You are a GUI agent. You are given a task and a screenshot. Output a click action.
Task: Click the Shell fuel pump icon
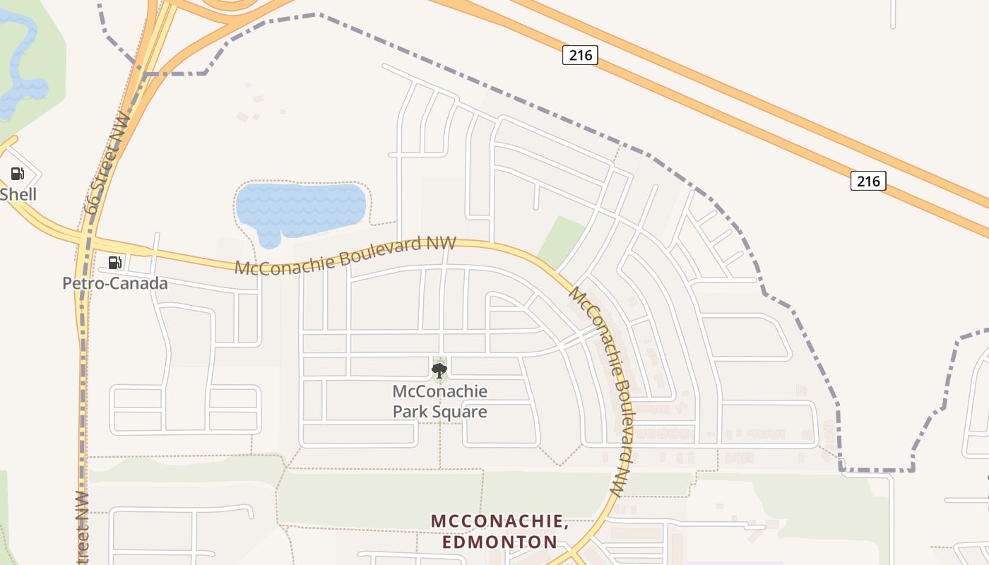[17, 174]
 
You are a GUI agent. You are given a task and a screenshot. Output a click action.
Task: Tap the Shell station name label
[18, 194]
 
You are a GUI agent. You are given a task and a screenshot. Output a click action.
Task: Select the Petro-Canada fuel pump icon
[114, 263]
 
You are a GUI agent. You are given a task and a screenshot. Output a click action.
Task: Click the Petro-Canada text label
[115, 283]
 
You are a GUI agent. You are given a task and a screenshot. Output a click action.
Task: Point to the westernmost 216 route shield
[580, 55]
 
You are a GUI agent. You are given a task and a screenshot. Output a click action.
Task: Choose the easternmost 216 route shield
[867, 181]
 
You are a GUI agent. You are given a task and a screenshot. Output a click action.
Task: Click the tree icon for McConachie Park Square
[439, 370]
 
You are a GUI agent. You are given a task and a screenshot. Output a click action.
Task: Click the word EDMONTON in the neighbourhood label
[499, 542]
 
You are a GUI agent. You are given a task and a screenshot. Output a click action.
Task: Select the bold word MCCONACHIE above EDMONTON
[499, 521]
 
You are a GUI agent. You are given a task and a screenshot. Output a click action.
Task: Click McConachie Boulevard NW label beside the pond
[345, 256]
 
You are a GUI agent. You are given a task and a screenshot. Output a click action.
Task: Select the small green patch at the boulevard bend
[562, 240]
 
